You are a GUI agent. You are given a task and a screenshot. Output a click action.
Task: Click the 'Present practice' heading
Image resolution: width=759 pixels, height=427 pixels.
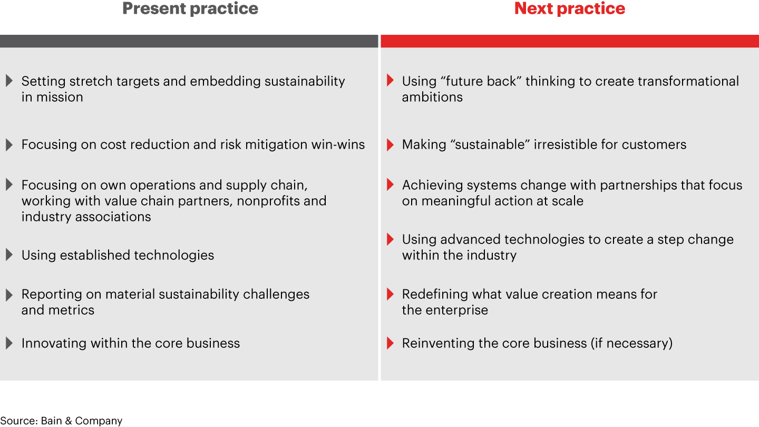[190, 9]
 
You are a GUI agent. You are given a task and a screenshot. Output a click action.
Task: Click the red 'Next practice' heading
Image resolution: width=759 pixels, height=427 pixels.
[570, 9]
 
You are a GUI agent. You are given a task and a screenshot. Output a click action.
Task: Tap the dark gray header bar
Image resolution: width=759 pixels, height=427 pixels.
[189, 41]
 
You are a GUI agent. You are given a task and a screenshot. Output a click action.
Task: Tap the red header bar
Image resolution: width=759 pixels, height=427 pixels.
[570, 41]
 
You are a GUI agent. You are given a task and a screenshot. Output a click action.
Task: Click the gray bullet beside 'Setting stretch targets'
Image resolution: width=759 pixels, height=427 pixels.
[9, 81]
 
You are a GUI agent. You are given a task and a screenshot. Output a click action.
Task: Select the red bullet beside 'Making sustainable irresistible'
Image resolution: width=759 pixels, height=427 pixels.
[390, 144]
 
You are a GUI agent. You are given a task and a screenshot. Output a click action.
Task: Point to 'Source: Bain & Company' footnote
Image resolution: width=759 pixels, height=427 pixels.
[61, 421]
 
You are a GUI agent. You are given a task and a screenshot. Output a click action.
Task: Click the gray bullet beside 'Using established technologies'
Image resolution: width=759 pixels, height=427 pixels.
[9, 255]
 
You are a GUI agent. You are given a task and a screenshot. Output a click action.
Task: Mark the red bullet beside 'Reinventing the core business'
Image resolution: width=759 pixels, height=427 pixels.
[390, 343]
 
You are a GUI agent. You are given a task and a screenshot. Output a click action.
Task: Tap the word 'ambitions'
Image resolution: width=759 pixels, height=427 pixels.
[432, 97]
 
